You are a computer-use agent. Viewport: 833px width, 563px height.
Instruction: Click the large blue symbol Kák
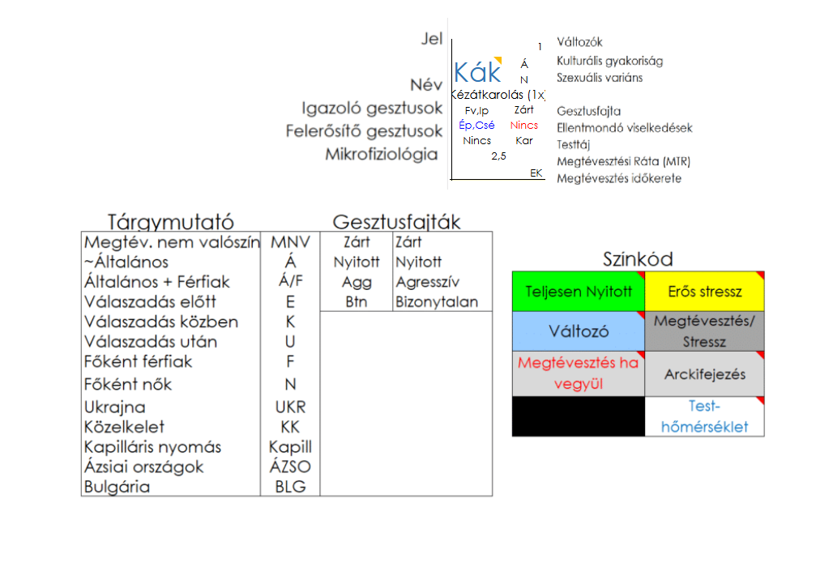point(477,73)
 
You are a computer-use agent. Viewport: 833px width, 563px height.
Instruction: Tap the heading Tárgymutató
point(171,222)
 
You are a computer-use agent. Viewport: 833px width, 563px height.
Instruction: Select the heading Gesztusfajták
point(396,222)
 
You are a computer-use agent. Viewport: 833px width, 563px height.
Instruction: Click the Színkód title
point(638,259)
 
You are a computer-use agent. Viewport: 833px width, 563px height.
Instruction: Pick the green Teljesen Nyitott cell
point(579,292)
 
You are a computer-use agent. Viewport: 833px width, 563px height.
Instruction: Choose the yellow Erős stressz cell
point(704,292)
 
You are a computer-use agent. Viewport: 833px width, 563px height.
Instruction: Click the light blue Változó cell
point(579,332)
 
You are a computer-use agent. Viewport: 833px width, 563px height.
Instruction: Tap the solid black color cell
point(579,416)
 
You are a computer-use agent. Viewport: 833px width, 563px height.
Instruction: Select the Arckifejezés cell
point(704,374)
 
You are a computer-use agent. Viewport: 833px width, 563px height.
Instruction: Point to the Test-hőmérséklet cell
point(704,416)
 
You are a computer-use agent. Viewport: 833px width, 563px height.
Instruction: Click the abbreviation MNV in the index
point(290,242)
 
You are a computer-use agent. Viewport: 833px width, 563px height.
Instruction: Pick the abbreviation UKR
point(290,407)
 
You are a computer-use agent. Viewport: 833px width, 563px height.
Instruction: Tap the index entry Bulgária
point(117,487)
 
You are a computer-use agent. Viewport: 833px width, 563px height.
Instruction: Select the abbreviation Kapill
point(290,447)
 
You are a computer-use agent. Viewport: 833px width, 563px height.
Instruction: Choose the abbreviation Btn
point(357,302)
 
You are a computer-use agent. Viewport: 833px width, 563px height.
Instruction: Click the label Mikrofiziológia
point(381,154)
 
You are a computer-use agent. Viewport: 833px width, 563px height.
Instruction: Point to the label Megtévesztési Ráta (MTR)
point(624,161)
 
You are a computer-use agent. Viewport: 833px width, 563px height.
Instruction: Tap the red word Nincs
point(524,126)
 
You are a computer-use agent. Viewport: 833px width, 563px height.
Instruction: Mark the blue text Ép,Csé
point(476,125)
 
